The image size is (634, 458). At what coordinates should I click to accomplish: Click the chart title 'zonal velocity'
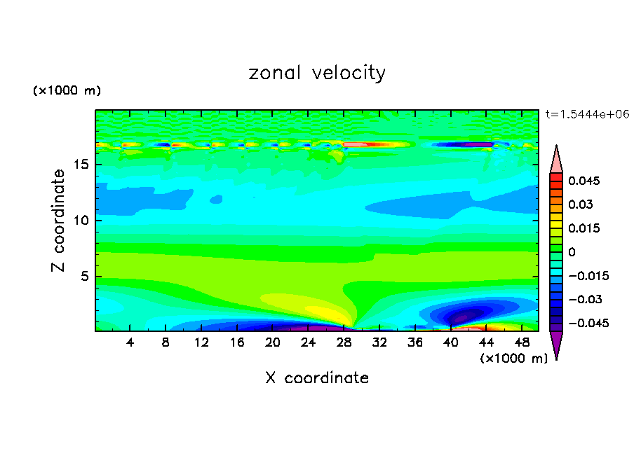pos(317,73)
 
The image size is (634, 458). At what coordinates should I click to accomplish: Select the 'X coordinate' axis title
pos(317,378)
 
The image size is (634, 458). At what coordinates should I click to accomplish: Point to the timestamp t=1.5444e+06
pos(587,113)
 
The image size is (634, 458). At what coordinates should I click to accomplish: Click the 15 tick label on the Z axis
pos(79,165)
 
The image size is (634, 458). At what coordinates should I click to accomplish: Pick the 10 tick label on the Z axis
pos(79,221)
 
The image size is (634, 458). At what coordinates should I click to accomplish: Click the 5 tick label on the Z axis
pos(83,276)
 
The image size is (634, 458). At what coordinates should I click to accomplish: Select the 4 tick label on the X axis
pos(130,342)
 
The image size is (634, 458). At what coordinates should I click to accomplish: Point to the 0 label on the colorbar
pos(572,252)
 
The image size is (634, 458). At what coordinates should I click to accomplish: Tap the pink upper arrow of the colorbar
pos(556,159)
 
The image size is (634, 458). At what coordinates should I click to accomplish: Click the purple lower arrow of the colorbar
pos(556,345)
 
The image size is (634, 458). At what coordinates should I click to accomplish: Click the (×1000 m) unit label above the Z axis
pos(67,91)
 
